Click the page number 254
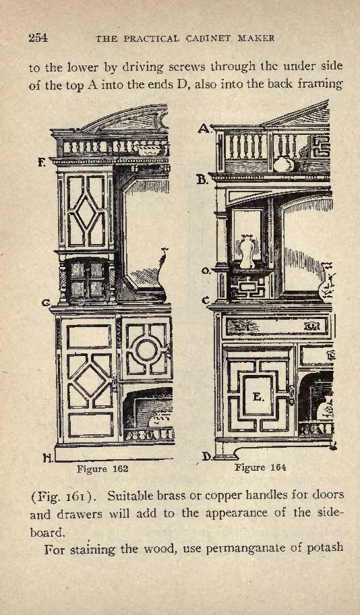coord(38,38)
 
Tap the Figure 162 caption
coord(102,469)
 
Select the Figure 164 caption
coord(260,467)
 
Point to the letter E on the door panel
coord(258,397)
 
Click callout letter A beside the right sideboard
coord(204,128)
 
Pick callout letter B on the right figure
coord(202,179)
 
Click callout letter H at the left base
coord(48,457)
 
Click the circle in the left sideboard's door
coord(147,350)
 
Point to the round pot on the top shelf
coord(284,164)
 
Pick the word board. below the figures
coord(47,533)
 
